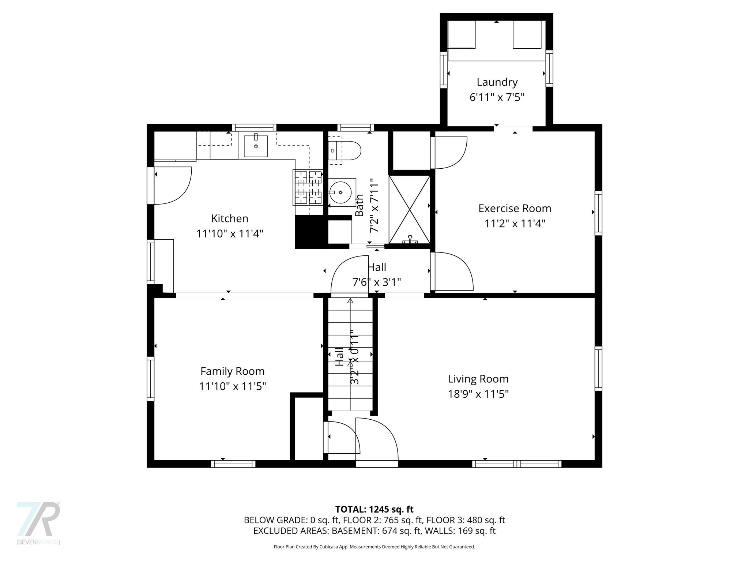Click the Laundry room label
pyautogui.click(x=497, y=82)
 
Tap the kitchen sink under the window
pyautogui.click(x=256, y=146)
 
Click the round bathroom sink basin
pyautogui.click(x=340, y=192)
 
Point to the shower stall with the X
pyautogui.click(x=409, y=209)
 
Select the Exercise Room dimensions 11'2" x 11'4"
pyautogui.click(x=515, y=224)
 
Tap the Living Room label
pyautogui.click(x=478, y=379)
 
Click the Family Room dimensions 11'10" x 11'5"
pyautogui.click(x=232, y=386)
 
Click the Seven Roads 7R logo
pyautogui.click(x=38, y=520)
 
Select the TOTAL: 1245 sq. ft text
pyautogui.click(x=374, y=509)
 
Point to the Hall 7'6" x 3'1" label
pyautogui.click(x=377, y=275)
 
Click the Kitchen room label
pyautogui.click(x=230, y=218)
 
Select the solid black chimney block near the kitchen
pyautogui.click(x=309, y=232)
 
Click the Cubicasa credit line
pyautogui.click(x=374, y=547)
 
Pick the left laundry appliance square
pyautogui.click(x=462, y=35)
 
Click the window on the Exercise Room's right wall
pyautogui.click(x=598, y=213)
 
